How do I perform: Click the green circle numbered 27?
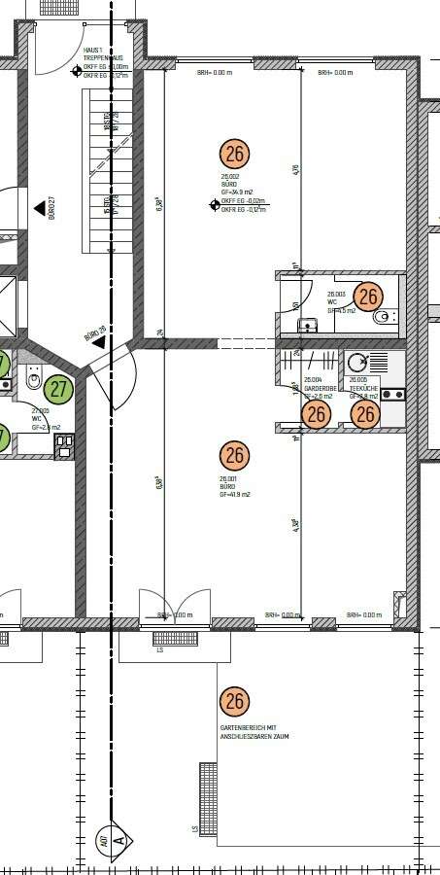(59, 389)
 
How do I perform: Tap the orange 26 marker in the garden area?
(234, 700)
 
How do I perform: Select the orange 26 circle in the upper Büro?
(234, 153)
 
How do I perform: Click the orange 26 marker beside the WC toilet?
(368, 297)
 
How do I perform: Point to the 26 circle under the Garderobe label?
(316, 415)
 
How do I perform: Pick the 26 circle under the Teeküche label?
(364, 415)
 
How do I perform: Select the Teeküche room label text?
(363, 381)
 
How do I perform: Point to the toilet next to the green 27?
(33, 383)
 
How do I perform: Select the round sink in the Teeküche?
(356, 362)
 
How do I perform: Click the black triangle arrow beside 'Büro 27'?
(39, 207)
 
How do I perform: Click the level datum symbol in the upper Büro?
(215, 204)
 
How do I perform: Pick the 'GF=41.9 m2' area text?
(235, 495)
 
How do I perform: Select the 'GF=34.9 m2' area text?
(236, 192)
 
